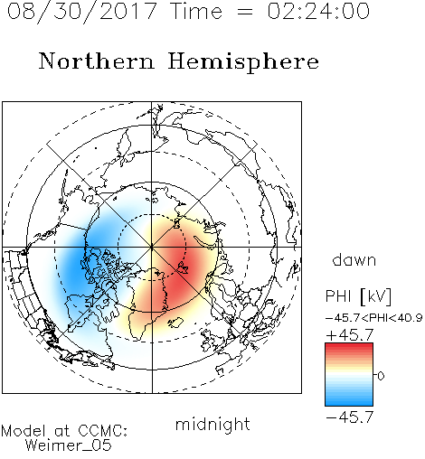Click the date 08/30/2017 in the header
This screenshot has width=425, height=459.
pos(81,12)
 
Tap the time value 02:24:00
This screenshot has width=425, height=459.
pos(318,11)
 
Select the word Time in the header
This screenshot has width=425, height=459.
pos(196,11)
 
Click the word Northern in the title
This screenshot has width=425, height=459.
pos(96,61)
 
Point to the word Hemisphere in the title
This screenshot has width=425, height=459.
pos(243,62)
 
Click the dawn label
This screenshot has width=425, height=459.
pos(354,260)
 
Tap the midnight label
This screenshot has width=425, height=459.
pos(212,425)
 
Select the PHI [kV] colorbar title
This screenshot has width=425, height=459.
pos(358,296)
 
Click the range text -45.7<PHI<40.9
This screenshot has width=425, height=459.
pos(373,318)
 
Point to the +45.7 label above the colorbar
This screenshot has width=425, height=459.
pos(350,335)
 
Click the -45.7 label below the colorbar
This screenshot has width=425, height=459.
pos(350,417)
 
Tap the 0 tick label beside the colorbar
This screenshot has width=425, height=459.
pos(381,376)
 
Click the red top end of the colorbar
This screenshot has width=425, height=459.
pos(349,345)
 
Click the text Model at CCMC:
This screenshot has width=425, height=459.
pos(64,431)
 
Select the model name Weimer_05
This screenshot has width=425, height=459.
pos(69,445)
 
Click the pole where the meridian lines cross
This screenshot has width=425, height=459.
pos(152,247)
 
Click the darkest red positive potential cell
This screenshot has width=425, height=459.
pos(178,265)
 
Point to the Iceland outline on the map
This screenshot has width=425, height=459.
pos(175,323)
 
